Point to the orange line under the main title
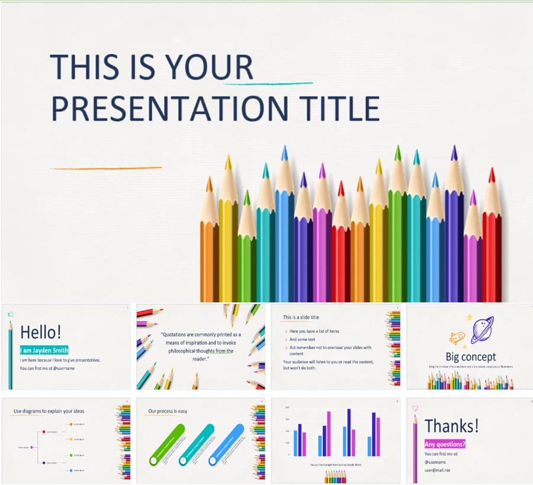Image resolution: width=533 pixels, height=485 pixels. pyautogui.click(x=105, y=168)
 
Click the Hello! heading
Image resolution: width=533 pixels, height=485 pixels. pyautogui.click(x=40, y=332)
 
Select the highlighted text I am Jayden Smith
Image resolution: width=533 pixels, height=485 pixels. pyautogui.click(x=44, y=350)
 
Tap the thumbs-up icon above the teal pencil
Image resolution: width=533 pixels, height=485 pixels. pyautogui.click(x=10, y=314)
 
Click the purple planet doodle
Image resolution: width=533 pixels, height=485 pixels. pyautogui.click(x=481, y=329)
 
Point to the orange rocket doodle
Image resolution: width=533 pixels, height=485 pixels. pyautogui.click(x=457, y=338)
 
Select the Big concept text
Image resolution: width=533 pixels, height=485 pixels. pyautogui.click(x=471, y=356)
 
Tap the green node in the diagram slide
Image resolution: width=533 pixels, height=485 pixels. pyautogui.click(x=70, y=455)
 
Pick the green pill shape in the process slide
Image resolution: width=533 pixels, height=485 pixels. pyautogui.click(x=166, y=444)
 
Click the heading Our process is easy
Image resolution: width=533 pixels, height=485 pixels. pyautogui.click(x=168, y=411)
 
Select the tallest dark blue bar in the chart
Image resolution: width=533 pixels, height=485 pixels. pyautogui.click(x=348, y=432)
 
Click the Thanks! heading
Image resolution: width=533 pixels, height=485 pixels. pyautogui.click(x=451, y=425)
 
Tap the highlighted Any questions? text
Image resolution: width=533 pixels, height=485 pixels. pyautogui.click(x=444, y=444)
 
